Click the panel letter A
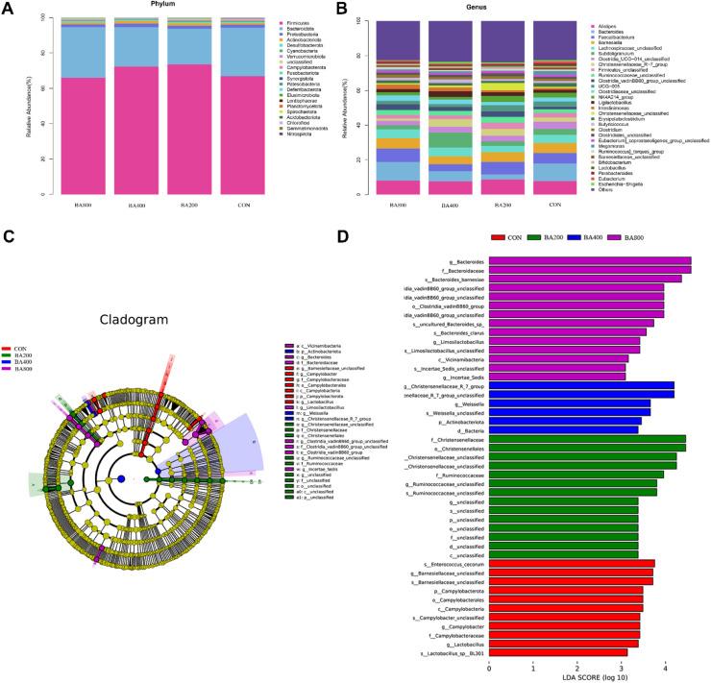coord(8,8)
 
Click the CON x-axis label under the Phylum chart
coord(248,203)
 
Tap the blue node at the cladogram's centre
coord(121,477)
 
